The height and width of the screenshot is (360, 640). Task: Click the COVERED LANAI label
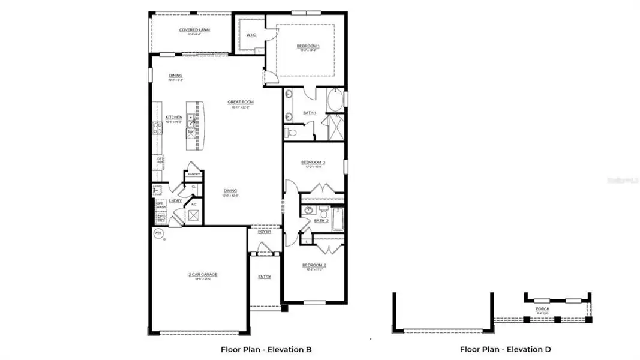point(189,30)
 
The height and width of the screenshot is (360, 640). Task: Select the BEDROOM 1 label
point(308,46)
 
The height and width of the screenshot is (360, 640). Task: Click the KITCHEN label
point(174,118)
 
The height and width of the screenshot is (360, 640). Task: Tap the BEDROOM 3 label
point(313,163)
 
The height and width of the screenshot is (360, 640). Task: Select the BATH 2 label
point(321,221)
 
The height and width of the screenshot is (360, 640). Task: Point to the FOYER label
point(265,232)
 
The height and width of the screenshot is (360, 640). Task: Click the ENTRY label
point(265,277)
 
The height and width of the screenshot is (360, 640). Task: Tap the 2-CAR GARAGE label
point(203,275)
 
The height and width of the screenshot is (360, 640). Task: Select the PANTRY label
point(194,174)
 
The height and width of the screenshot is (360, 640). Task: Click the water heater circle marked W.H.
point(158,233)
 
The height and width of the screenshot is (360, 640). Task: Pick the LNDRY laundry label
point(175,201)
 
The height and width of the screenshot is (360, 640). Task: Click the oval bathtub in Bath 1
point(336,99)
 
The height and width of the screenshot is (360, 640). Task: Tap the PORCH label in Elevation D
point(542,310)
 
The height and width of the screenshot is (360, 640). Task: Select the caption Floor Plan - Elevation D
point(505,349)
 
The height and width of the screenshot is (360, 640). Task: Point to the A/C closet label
point(194,205)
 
